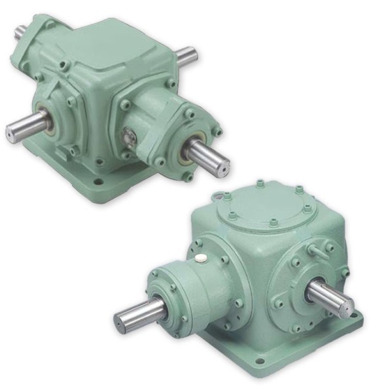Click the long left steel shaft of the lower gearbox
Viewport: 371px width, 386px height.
click(x=137, y=313)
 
